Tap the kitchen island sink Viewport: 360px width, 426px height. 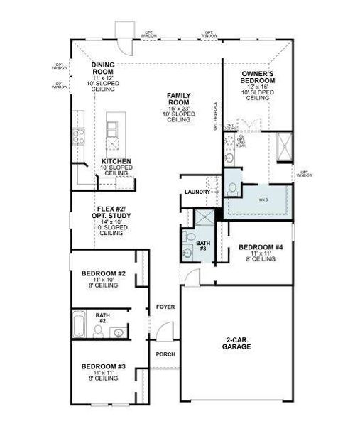tap(113, 129)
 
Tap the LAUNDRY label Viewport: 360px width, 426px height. tap(197, 192)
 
